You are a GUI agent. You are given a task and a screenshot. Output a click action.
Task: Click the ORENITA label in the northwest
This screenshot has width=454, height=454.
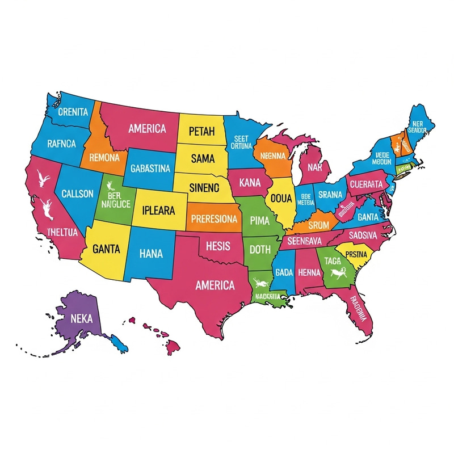tap(74, 112)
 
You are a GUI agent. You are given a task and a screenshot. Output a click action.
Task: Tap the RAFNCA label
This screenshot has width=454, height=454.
tap(61, 144)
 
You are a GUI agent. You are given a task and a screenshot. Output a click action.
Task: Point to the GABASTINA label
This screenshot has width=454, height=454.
tap(150, 169)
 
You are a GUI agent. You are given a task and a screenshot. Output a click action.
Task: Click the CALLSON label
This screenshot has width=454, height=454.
tap(77, 194)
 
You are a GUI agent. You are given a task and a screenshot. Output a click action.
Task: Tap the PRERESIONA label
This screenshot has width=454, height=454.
tap(214, 220)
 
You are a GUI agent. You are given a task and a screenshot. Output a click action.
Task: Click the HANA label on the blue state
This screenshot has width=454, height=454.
tap(150, 254)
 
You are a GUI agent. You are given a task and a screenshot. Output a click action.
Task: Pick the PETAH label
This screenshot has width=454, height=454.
tap(201, 132)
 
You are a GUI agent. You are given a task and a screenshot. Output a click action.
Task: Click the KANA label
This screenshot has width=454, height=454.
tap(250, 183)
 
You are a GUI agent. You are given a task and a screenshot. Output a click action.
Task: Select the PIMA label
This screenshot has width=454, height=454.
tap(259, 220)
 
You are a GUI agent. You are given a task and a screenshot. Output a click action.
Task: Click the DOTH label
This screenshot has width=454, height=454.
tap(260, 249)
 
